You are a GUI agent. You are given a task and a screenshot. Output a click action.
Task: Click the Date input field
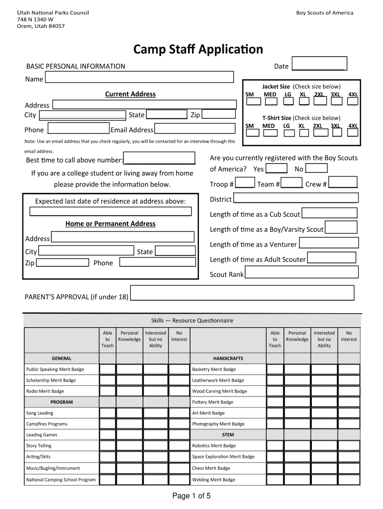319,65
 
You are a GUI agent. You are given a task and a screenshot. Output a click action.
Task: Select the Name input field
139,77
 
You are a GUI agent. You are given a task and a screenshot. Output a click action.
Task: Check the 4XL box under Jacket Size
353,101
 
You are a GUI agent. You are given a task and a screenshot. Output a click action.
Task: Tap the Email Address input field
194,129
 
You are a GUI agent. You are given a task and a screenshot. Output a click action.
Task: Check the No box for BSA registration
319,169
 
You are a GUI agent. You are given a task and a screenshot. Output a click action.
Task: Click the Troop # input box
245,183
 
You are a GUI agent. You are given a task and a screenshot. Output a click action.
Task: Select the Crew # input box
343,182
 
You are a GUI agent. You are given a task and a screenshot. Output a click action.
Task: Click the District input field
295,198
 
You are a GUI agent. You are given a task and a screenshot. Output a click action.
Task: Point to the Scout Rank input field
301,272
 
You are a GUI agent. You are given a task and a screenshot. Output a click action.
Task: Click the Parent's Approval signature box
242,293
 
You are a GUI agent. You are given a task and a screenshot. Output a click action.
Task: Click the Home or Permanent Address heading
110,224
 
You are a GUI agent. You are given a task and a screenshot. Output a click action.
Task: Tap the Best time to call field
160,159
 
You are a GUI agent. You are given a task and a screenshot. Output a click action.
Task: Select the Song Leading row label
40,413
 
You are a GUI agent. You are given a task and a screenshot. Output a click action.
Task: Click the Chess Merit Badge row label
211,468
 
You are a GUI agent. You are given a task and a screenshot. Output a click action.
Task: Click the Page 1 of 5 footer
191,496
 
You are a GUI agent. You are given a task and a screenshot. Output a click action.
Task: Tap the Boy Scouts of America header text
324,12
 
